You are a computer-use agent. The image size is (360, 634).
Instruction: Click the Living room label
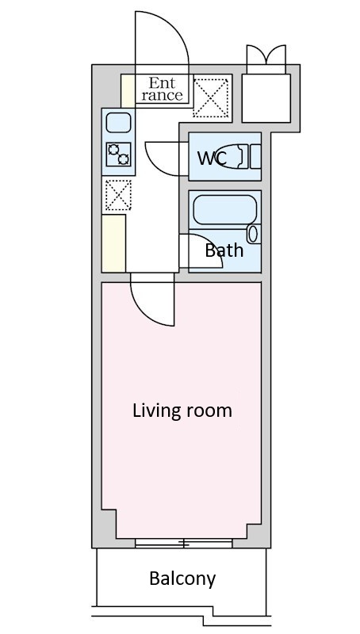(182, 411)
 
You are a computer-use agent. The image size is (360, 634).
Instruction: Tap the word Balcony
(182, 579)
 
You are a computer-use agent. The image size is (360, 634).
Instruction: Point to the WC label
(212, 158)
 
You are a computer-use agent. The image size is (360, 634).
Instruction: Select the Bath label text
(224, 250)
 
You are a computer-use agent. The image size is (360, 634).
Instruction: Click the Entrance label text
(163, 89)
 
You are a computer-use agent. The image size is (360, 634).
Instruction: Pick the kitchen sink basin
(118, 123)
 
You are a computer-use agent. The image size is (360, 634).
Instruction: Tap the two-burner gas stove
(118, 154)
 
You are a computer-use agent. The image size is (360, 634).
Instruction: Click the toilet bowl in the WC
(228, 156)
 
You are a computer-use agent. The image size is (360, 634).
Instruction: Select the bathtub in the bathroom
(225, 210)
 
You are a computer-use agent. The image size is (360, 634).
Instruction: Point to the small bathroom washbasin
(253, 234)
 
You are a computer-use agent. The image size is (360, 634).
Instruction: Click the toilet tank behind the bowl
(255, 156)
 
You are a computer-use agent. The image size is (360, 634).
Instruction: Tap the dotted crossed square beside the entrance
(210, 97)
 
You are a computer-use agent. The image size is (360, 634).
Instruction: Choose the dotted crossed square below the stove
(118, 195)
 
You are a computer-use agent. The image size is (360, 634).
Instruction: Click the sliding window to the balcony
(184, 543)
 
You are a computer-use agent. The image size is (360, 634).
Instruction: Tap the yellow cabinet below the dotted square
(113, 243)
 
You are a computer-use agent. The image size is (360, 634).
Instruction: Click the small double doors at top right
(266, 59)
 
